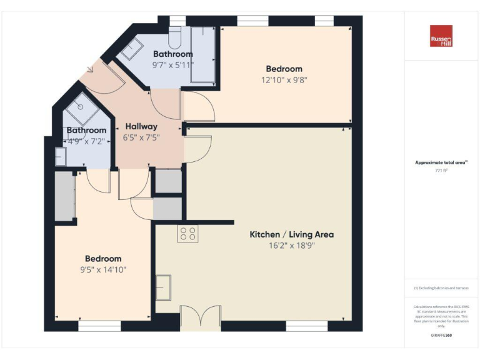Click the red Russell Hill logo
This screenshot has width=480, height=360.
(x=441, y=36)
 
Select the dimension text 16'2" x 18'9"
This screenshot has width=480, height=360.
(x=291, y=246)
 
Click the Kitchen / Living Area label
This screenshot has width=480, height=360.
(x=291, y=234)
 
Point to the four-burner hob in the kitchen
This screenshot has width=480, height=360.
(x=187, y=234)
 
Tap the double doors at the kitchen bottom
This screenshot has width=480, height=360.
(x=200, y=317)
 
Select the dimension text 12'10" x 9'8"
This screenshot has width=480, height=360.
(x=284, y=79)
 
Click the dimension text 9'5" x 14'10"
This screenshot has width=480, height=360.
(x=103, y=270)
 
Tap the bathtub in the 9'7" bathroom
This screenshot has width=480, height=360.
(x=202, y=55)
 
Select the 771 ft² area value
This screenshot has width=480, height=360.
(x=441, y=170)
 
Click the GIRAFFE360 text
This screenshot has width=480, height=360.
(x=441, y=336)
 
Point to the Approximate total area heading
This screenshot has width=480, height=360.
(x=441, y=162)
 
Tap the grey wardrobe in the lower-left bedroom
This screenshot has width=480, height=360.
(x=64, y=196)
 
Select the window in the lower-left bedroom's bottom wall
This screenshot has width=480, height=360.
(x=99, y=326)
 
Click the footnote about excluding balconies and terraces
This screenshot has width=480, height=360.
(x=441, y=288)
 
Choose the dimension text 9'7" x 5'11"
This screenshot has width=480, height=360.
(x=173, y=64)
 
